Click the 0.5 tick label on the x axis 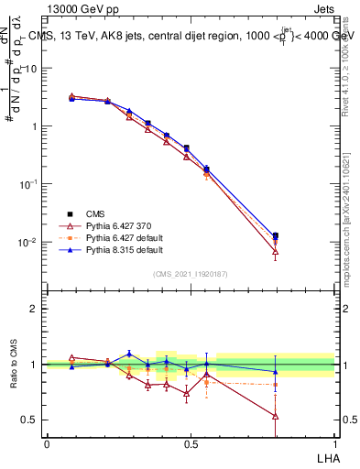coord(191,443)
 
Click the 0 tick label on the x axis coord(47,443)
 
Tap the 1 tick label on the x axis coord(335,443)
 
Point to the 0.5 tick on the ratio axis coord(28,420)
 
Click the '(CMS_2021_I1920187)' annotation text coord(191,273)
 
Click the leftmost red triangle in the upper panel coord(72,95)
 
